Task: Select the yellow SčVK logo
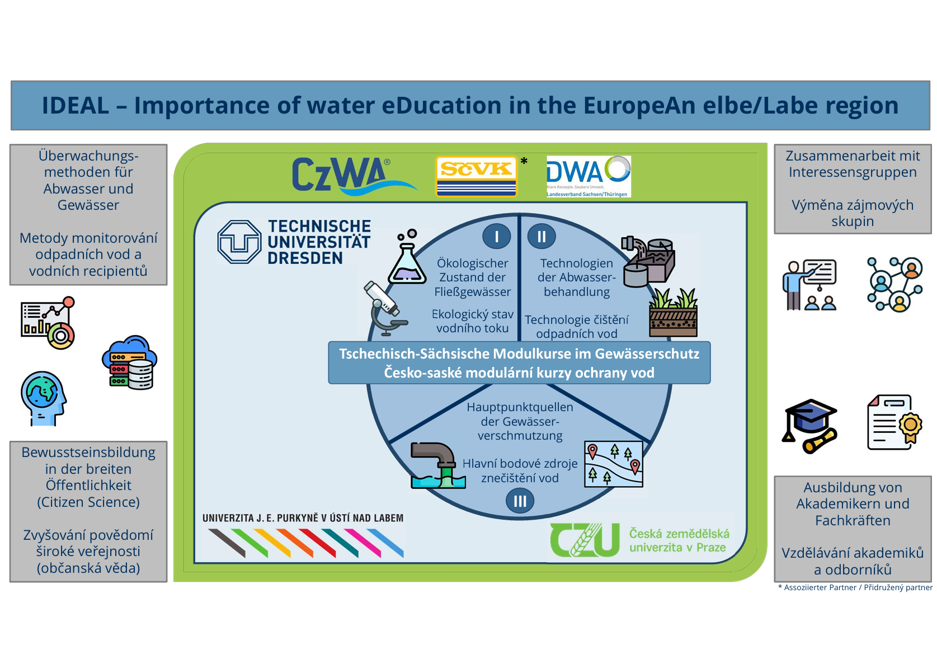pos(476,176)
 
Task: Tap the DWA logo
pos(588,176)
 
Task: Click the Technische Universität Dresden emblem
pos(239,242)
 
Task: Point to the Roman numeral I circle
pos(497,237)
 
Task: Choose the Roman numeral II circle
pos(542,237)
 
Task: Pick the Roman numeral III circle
pos(520,501)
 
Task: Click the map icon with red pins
pos(614,464)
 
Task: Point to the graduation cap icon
pos(811,426)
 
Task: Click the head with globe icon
pos(43,398)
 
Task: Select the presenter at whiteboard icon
pos(810,285)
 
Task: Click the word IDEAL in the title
pos(76,106)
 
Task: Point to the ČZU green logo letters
pos(585,540)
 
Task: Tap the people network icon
pos(894,284)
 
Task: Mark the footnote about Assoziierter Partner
pos(855,587)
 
